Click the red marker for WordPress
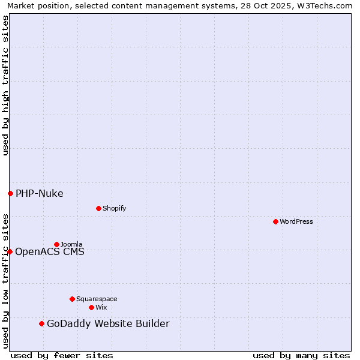(x=275, y=221)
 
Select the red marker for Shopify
(x=98, y=208)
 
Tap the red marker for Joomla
(x=56, y=244)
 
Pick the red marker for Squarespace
(x=72, y=299)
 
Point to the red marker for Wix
(x=91, y=307)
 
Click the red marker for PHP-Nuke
(x=10, y=193)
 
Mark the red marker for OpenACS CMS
(x=10, y=251)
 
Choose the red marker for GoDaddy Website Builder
(x=41, y=324)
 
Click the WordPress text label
(x=296, y=221)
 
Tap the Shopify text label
(x=115, y=208)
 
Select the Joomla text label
(x=71, y=244)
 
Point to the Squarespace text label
(x=97, y=299)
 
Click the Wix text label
(x=101, y=307)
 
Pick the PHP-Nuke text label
(x=40, y=193)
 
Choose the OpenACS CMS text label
(x=50, y=251)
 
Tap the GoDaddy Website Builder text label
(x=108, y=324)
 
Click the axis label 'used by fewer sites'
(x=62, y=355)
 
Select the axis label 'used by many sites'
(x=301, y=355)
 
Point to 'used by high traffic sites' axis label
(x=5, y=85)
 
